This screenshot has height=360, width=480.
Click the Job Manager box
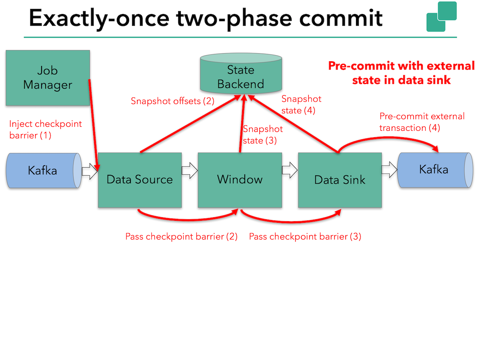pos(48,78)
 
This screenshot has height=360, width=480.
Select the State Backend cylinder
pos(241,74)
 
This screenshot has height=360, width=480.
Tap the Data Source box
pos(140,180)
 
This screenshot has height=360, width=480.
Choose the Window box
pos(240,180)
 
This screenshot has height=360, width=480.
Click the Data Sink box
pos(340,180)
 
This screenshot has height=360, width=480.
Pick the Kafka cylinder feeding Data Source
pos(44,170)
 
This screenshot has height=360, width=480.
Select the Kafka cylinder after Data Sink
pos(435,170)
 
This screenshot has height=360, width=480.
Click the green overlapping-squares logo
pos(442,17)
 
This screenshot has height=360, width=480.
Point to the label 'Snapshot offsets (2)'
pos(172,101)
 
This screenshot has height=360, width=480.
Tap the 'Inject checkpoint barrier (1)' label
pos(46,130)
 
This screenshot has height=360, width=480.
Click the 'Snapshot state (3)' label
pos(263,135)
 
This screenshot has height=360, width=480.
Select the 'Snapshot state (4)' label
pos(301,105)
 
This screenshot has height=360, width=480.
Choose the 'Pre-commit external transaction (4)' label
pos(422,122)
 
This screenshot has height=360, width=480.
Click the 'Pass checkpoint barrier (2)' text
pos(181,236)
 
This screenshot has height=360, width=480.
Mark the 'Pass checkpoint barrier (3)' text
pos(305,236)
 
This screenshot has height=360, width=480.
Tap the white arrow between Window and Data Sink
pos(290,170)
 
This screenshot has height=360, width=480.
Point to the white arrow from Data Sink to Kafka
pos(390,170)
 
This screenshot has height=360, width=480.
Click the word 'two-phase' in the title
pos(234,19)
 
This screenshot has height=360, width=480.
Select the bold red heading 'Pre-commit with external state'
pos(402,73)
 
